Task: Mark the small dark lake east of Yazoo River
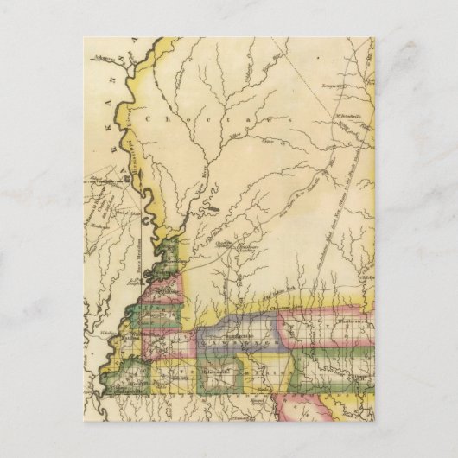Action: pos(212,207)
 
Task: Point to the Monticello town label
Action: pos(213,372)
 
